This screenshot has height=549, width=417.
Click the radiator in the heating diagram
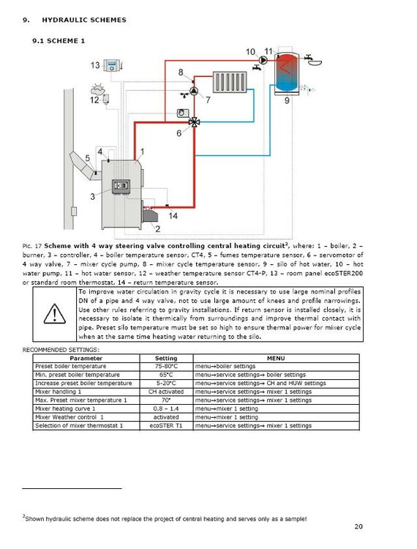coord(230,82)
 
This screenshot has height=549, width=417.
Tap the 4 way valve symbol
coord(194,122)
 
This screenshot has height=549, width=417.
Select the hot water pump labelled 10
coord(263,60)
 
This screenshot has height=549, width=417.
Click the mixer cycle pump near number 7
coord(194,91)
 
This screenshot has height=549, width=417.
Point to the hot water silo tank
coord(287,73)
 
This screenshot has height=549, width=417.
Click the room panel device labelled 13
coord(113,65)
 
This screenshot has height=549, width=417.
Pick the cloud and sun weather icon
coord(97,89)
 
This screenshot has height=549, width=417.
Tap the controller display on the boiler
coord(121,187)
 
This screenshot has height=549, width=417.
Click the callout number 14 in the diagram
coord(173,216)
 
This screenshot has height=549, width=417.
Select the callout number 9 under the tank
coord(287,101)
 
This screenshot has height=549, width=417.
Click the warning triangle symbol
coord(55,313)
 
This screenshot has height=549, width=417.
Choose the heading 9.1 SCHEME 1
coord(59,40)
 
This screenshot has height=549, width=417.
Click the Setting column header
coord(166,358)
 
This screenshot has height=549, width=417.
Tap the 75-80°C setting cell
coord(166,366)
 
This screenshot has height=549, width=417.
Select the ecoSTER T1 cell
coord(166,426)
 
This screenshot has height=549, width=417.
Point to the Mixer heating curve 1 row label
coord(65,408)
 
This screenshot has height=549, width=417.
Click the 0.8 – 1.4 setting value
coord(166,408)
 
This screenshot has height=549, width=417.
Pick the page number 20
coord(358,526)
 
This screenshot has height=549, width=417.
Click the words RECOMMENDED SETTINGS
coord(61,350)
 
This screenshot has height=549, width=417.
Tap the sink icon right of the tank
coord(314,60)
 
